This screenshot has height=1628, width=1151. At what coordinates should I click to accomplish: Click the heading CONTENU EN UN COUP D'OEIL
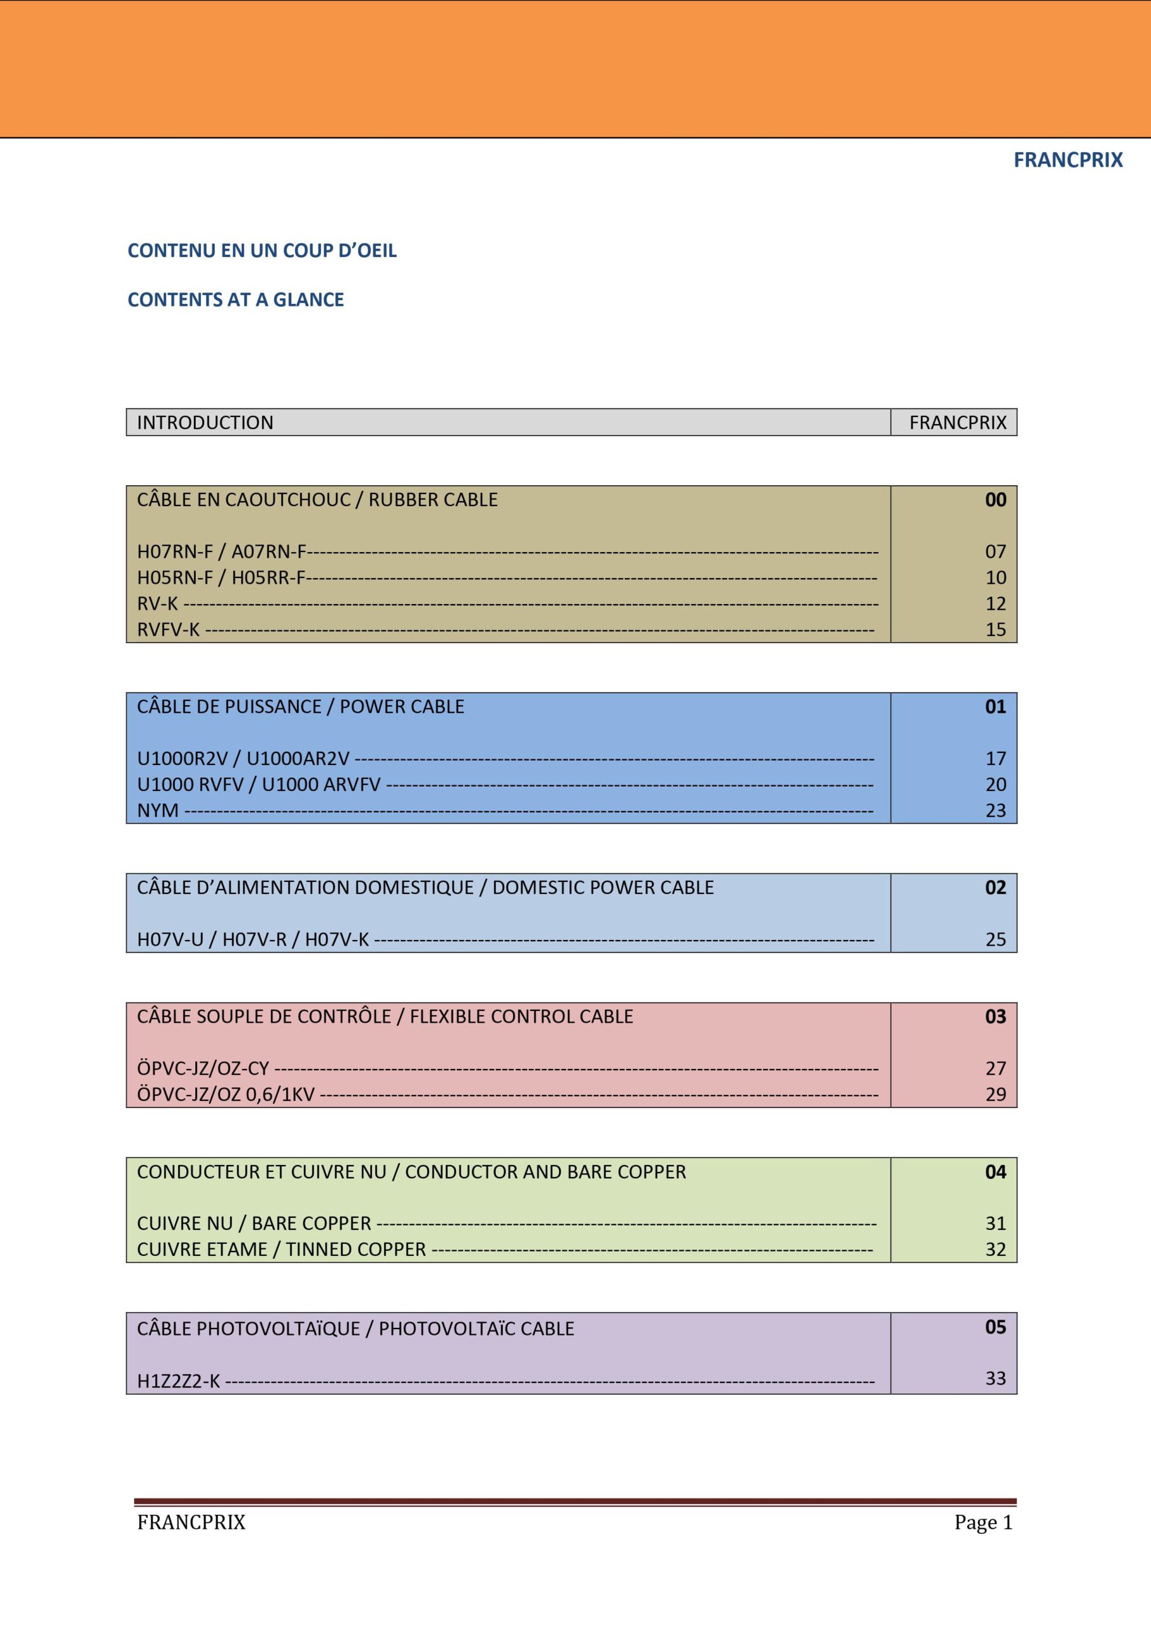(262, 251)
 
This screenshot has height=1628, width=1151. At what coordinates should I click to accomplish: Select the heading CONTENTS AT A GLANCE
(235, 300)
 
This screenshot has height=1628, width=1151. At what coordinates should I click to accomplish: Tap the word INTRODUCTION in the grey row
(205, 423)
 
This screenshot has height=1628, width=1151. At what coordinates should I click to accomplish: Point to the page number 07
(995, 551)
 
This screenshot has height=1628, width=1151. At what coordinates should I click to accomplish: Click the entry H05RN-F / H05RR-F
(221, 578)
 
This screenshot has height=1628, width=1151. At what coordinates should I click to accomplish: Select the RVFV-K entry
(169, 630)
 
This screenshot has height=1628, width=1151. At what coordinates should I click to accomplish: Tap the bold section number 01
(995, 707)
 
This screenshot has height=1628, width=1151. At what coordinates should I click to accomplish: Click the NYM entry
(158, 810)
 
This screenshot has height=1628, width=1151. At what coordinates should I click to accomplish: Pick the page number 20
(995, 784)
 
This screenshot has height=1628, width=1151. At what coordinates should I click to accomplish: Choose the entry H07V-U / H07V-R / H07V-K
(253, 939)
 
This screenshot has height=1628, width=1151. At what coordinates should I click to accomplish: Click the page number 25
(995, 939)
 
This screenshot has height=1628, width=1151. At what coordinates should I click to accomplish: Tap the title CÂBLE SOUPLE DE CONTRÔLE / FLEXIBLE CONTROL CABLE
(384, 1016)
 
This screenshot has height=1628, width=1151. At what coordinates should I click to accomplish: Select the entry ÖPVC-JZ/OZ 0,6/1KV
(226, 1094)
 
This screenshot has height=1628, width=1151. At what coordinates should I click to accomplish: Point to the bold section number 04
(995, 1171)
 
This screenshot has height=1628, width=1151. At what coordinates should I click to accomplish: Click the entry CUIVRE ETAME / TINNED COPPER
(282, 1250)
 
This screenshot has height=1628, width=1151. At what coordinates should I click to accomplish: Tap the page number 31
(995, 1223)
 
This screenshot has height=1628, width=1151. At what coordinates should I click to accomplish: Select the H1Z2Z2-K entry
(179, 1381)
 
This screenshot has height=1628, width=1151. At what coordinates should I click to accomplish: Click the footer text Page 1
(983, 1522)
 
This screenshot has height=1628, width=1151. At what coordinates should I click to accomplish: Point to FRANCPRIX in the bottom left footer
(191, 1522)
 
